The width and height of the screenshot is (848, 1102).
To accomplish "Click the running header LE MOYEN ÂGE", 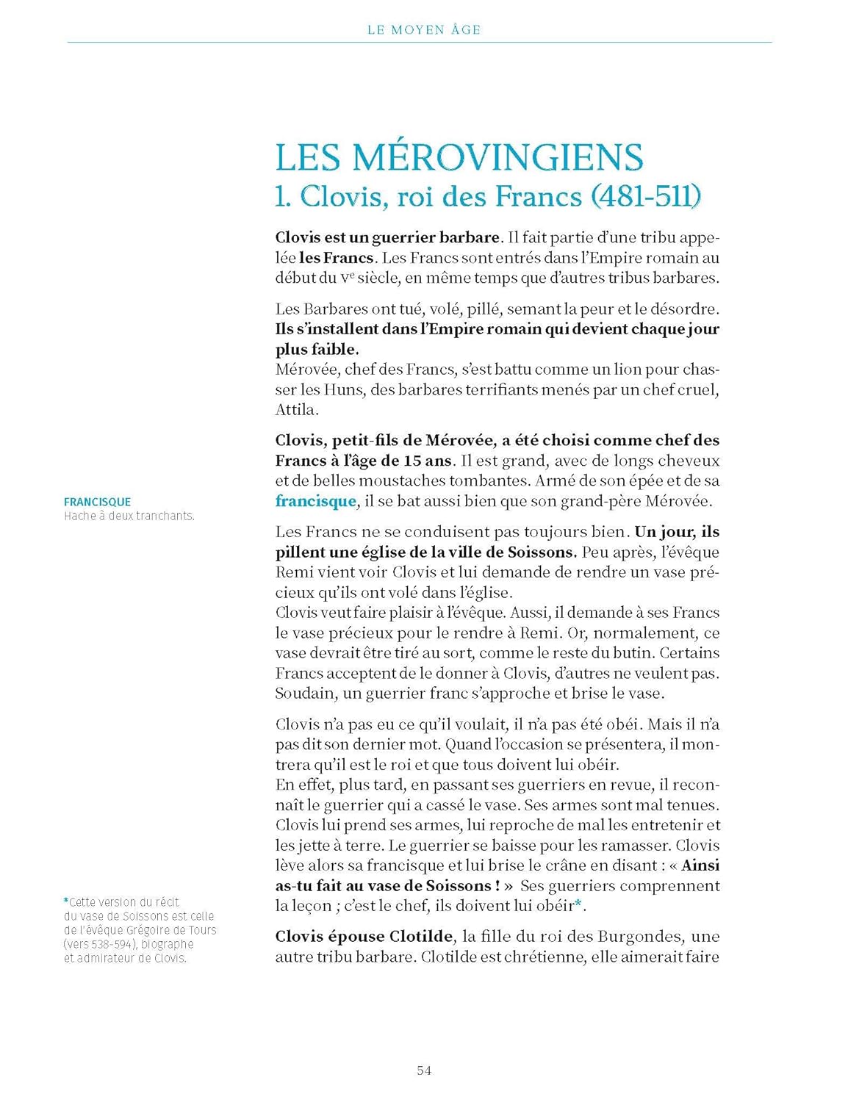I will tap(424, 30).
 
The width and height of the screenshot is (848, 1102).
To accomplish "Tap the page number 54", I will tap(424, 1070).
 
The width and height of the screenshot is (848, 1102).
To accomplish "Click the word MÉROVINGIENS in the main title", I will tap(497, 157).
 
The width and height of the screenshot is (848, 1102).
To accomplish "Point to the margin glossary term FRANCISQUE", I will tap(97, 502).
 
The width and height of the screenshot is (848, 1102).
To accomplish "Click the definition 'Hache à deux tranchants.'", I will tap(129, 516).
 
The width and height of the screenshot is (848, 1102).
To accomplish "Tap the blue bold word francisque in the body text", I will tap(315, 501).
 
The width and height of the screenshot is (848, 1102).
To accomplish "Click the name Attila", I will tap(296, 409).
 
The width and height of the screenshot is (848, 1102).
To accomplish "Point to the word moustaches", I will tap(441, 480).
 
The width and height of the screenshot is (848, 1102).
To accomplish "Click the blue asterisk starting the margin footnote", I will tap(66, 901).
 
